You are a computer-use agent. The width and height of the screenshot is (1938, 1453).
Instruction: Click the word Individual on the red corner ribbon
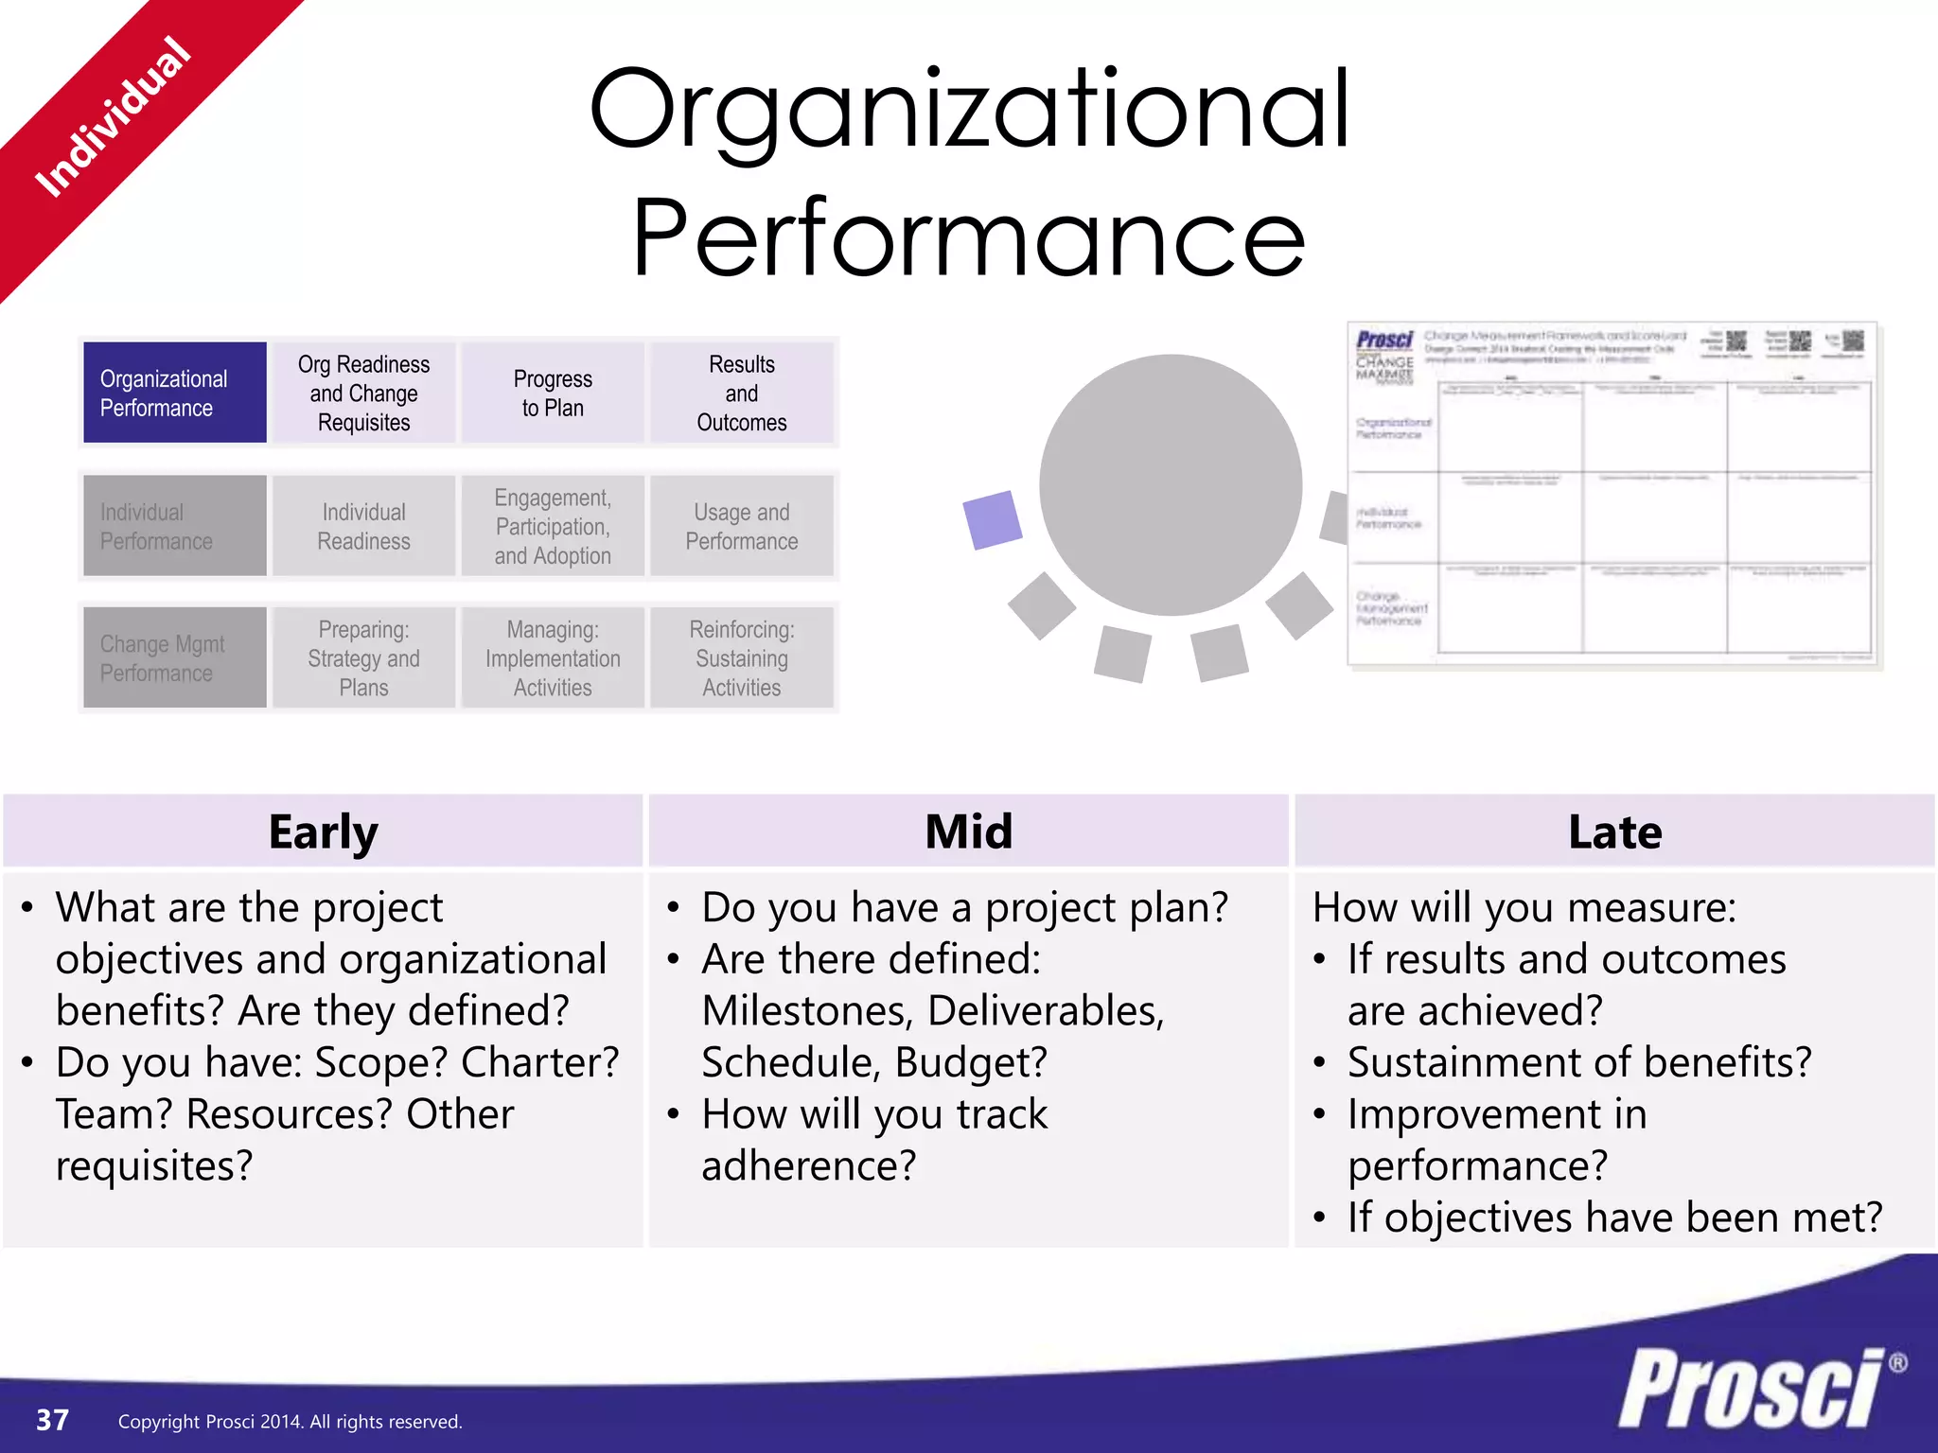(114, 116)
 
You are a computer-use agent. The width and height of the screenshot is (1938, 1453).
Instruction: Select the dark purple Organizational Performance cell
(174, 393)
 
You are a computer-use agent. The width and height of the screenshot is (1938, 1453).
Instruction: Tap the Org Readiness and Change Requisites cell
(363, 393)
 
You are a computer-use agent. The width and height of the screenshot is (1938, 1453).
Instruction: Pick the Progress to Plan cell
(553, 393)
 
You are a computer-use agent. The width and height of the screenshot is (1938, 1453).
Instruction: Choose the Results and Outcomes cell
(742, 393)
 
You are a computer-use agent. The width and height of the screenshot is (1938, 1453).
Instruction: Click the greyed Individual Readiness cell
(363, 526)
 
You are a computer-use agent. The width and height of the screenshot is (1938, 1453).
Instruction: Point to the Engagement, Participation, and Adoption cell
(553, 526)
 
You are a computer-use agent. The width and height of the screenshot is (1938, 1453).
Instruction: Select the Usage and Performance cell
(742, 526)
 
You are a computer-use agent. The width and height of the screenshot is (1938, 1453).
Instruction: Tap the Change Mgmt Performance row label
(174, 657)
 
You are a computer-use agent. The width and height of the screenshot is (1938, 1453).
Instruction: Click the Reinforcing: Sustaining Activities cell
(742, 657)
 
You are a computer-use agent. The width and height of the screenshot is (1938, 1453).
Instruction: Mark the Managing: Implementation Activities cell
(553, 657)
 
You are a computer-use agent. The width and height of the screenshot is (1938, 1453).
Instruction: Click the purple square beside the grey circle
(992, 519)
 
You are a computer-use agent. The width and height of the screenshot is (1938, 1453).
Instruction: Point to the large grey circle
(1171, 484)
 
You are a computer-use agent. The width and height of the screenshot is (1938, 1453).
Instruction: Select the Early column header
(323, 832)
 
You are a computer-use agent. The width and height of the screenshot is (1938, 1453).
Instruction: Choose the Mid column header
(968, 832)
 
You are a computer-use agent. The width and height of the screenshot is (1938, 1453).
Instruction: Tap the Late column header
(1614, 832)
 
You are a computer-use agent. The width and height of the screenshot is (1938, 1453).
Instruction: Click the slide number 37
(52, 1420)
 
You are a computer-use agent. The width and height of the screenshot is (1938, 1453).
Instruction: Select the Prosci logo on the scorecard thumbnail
(1384, 340)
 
